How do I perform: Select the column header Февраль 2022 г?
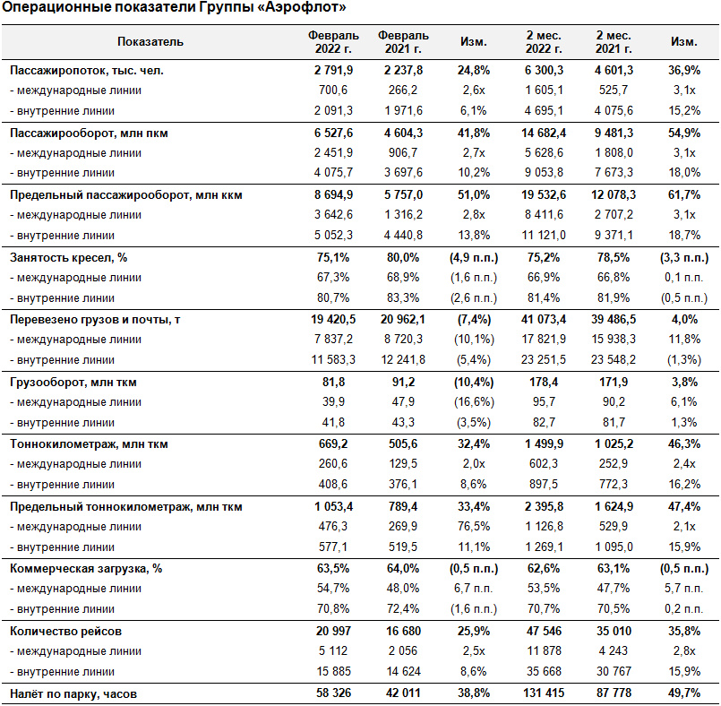pos(333,42)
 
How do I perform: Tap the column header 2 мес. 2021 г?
pos(614,42)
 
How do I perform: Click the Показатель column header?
pos(150,42)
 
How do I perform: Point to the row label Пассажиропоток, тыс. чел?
pos(87,71)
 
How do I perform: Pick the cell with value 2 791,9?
pos(333,71)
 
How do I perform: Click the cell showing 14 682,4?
pos(544,133)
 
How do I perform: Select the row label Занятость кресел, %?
pos(68,257)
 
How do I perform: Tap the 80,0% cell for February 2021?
pos(403,257)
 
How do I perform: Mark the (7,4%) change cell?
pos(474,319)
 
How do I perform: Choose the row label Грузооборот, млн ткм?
pos(73,383)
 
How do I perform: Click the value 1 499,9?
pos(544,443)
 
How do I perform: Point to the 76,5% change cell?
pos(474,526)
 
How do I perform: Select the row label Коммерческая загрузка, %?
pos(86,569)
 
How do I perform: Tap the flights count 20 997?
pos(333,631)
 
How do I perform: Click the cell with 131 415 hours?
pos(544,693)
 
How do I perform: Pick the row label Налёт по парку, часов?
pos(73,693)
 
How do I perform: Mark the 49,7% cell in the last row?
pos(684,693)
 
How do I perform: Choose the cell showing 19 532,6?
pos(544,195)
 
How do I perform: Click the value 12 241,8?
pos(403,359)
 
